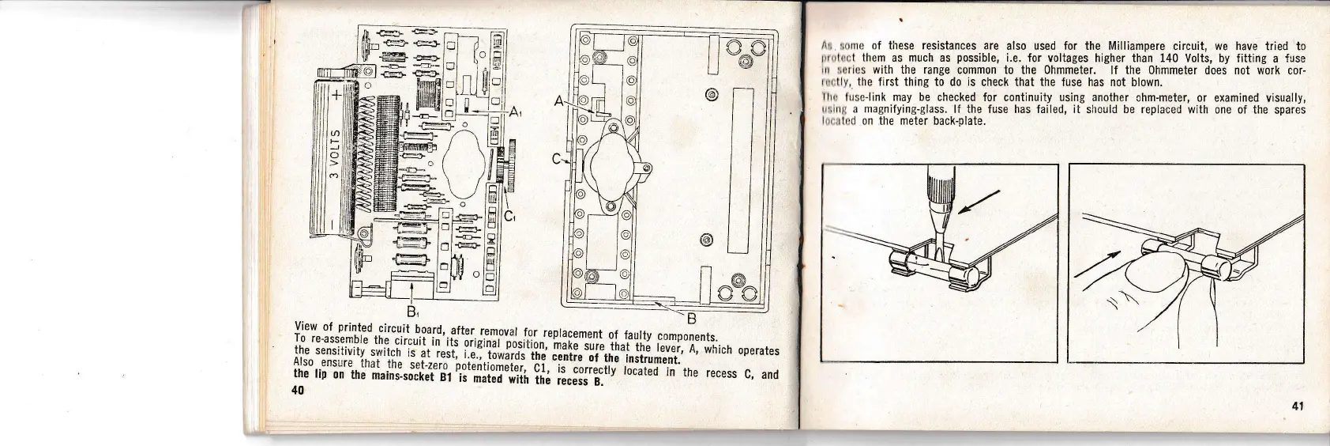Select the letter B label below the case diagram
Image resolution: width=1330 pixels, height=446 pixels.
pyautogui.click(x=690, y=319)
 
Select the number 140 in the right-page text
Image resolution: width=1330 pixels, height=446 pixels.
pyautogui.click(x=1170, y=59)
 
